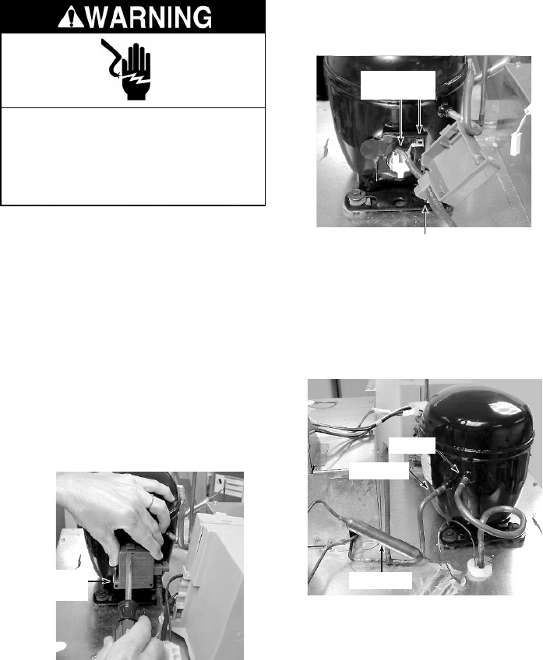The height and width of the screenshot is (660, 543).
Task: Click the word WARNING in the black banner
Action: (150, 17)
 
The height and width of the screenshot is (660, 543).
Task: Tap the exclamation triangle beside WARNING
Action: (72, 18)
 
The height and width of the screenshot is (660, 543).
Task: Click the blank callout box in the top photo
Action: (397, 85)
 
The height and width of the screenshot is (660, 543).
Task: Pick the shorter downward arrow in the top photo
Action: (418, 116)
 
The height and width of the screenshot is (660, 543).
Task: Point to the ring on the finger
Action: (150, 500)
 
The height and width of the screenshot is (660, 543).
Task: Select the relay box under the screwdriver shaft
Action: (138, 567)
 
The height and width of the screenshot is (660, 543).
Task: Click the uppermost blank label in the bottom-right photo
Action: (411, 446)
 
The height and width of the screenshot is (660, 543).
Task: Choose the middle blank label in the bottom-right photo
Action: (379, 471)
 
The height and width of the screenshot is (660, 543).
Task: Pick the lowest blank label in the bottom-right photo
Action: (380, 581)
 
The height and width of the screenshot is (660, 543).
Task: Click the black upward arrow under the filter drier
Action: (382, 559)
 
